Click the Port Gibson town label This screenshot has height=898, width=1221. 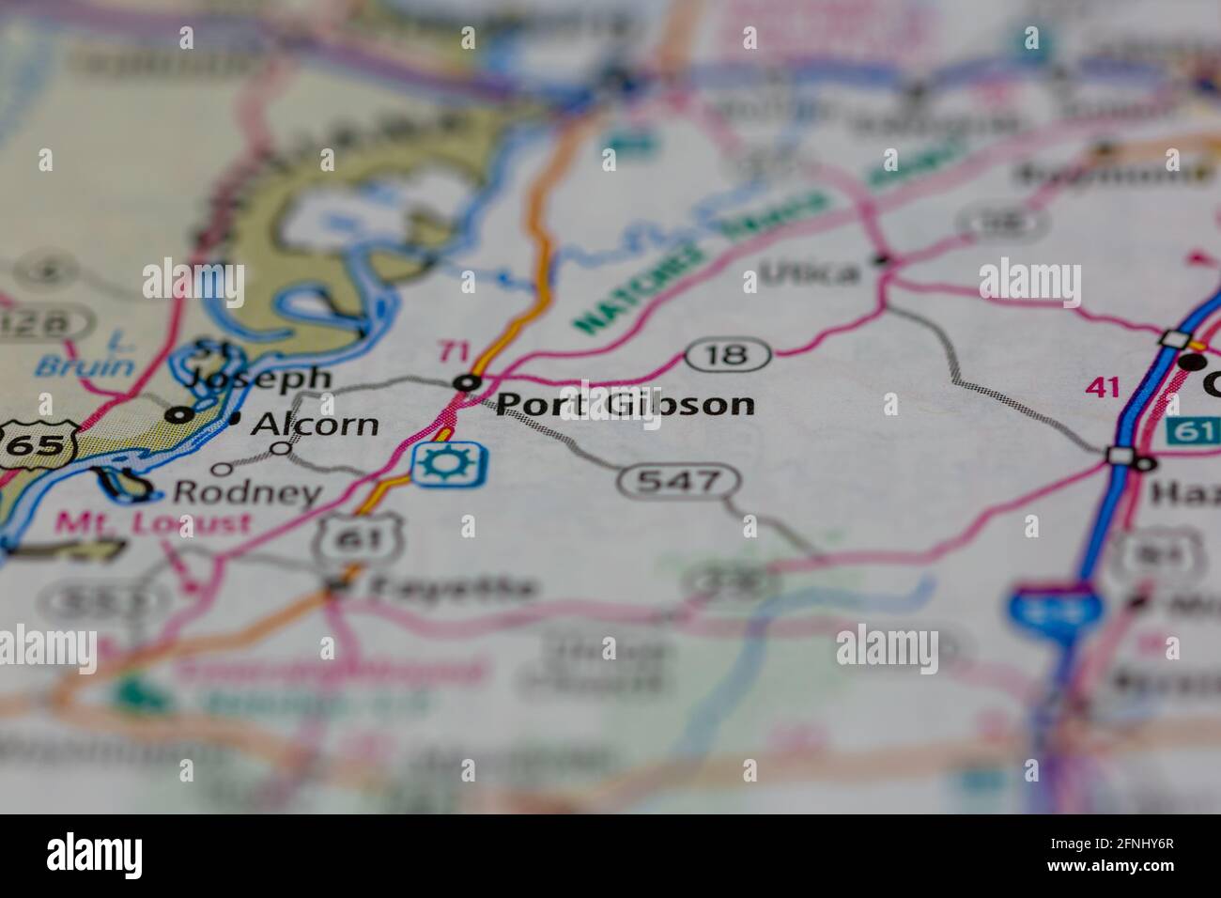pos(625,404)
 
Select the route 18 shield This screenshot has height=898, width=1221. pos(728,354)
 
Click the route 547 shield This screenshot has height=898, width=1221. pos(679,482)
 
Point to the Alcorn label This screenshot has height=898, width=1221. pos(316,425)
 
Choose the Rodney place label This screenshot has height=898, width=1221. pos(247,492)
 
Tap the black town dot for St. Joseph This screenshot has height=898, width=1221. pos(180,413)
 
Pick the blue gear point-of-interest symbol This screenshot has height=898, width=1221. pos(450,463)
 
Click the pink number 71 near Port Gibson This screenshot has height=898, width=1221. pos(454,352)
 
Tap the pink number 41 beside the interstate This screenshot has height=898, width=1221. pos(1102,385)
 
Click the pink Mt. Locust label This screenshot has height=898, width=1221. pos(152,522)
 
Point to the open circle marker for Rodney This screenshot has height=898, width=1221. pos(222,469)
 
